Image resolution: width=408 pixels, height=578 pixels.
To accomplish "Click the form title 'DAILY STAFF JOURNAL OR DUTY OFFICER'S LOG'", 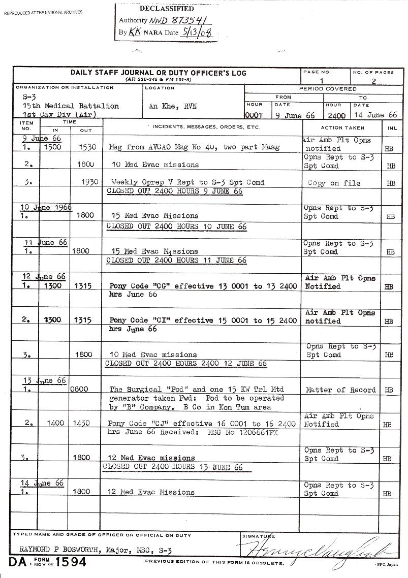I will pos(158,73).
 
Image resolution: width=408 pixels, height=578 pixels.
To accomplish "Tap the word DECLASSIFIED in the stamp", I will pos(166,9).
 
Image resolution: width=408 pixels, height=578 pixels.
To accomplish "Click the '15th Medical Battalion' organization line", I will pos(71,106).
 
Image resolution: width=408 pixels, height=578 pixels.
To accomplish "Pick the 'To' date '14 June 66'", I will pos(375,115).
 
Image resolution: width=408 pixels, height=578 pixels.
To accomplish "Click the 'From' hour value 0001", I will pos(254,115).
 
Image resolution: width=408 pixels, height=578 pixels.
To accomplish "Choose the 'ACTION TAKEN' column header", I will pos(342,128).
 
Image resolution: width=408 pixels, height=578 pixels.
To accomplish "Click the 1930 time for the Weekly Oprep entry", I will pos(89,182).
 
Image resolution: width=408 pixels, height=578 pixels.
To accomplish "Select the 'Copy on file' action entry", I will pos(334,183).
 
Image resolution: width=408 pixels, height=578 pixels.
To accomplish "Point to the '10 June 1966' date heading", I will pos(46,207).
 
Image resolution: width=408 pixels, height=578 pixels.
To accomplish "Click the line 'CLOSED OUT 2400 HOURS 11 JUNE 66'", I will pos(176,261).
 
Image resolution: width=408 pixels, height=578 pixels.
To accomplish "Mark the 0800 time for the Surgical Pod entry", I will pos(81,390).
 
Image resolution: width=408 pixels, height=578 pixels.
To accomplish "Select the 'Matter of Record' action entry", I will pos(341,390).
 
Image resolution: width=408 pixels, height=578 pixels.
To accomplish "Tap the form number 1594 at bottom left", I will pos(71,562).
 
